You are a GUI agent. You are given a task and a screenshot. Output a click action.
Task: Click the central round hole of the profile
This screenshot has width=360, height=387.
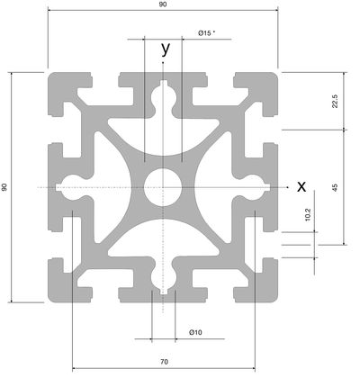coord(163,187)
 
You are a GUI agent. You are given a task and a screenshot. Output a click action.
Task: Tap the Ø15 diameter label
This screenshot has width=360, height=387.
coord(206,32)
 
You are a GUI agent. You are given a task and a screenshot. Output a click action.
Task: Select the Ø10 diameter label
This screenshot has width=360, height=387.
coord(195,332)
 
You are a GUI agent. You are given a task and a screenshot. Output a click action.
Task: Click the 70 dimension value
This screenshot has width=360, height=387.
coord(164,362)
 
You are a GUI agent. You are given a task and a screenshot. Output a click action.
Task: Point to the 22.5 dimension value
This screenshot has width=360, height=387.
coord(335,101)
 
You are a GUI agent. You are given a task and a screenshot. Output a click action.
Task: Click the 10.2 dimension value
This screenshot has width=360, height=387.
coord(308,215)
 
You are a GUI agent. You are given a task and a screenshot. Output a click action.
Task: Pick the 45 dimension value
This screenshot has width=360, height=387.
coord(335,187)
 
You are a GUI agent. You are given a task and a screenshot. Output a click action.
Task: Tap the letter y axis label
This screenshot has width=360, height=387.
coord(166,49)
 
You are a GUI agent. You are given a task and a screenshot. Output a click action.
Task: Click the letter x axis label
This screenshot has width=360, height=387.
coord(301,186)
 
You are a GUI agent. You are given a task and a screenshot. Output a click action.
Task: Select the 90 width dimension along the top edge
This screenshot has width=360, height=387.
coord(163,4)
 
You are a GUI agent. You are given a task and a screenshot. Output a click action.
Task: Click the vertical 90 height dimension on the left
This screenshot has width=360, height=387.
coord(4,187)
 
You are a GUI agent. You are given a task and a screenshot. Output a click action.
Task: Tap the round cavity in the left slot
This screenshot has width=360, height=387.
coord(74,187)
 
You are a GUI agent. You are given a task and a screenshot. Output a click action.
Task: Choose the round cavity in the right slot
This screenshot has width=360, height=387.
coord(253,187)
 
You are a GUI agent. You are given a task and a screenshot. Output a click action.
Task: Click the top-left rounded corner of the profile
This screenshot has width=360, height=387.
coord(53,77)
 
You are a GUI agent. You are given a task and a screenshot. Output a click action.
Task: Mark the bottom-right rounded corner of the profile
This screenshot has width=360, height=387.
coord(273,297)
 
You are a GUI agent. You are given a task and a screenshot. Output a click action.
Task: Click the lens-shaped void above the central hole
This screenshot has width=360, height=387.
coord(164,138)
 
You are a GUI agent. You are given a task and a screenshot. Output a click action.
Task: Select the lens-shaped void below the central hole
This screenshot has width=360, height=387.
coord(164,238)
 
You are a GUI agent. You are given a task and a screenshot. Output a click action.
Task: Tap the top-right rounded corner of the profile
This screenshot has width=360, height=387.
coord(273,77)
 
